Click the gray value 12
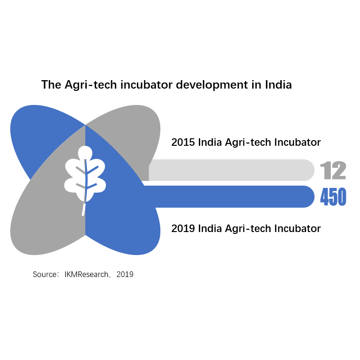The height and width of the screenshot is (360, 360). pos(333,170)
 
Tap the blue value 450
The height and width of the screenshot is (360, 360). pos(333,197)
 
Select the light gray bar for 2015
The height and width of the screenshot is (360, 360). pos(232,170)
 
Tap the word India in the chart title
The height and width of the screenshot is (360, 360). pos(278,84)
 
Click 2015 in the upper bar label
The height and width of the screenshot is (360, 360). pos(183,142)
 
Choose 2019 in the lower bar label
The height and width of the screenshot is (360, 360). pos(183,228)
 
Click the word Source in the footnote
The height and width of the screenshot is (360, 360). pos(45,274)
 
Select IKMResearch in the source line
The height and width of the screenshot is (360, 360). pos(86,274)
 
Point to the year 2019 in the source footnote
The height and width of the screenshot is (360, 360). pos(125,274)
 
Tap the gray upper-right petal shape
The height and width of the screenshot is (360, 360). pos(128,133)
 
